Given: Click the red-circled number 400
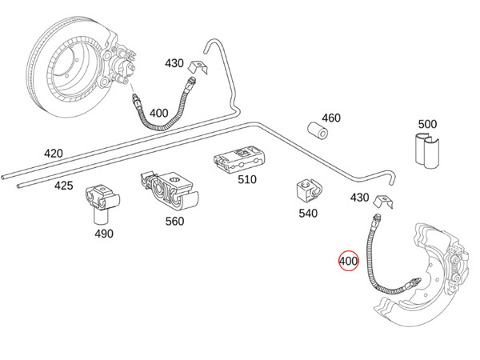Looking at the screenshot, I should coord(349,262).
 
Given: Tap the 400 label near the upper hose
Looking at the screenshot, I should coord(159,114).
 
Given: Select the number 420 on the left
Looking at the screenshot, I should coord(53,154).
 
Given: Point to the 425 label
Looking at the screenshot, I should coord(63,186).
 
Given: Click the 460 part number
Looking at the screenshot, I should coord(330,118).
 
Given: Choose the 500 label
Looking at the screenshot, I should coord(427,124).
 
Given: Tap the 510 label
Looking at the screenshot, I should coord(247,179).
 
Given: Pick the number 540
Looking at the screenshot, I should coord(307,214).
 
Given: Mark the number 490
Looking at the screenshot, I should coord(104,234).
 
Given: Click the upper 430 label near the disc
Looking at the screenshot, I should coord(174,62).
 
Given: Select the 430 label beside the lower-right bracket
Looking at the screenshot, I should coord(359,198).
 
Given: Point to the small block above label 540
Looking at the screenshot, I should coord(308,190).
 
